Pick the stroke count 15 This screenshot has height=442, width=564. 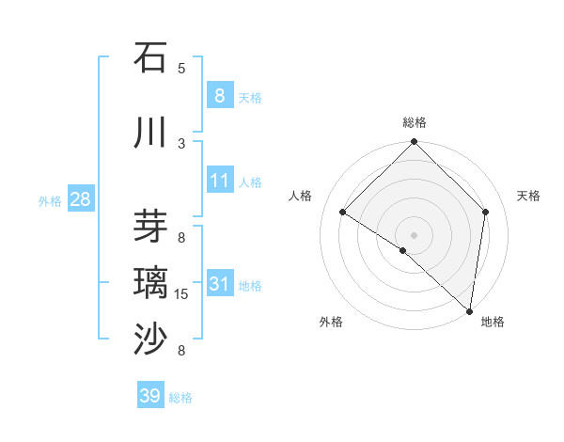181,294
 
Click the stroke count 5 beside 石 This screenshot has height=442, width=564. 181,68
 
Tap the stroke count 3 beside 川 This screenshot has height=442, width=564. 181,143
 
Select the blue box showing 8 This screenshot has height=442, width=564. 219,95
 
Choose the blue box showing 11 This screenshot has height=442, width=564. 219,181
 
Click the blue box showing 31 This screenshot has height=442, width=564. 219,284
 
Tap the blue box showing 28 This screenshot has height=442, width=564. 80,199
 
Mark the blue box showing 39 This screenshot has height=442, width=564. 149,396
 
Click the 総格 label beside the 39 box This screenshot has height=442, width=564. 180,398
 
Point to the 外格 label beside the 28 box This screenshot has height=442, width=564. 50,200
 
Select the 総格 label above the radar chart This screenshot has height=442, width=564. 414,122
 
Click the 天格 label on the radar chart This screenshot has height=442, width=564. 528,196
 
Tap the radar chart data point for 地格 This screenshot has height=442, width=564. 470,311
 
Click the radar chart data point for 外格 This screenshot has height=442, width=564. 403,250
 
